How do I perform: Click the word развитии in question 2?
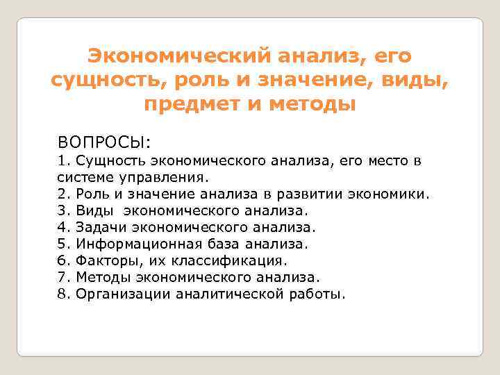click(301, 194)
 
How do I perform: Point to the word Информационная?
click(139, 243)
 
